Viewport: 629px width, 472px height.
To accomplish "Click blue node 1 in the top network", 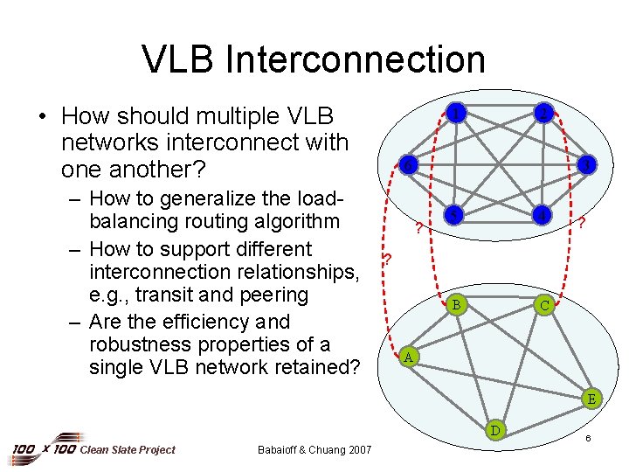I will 455,113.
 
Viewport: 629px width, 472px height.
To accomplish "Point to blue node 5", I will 453,215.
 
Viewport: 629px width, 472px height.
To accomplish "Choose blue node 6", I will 407,164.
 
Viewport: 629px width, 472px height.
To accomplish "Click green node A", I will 407,357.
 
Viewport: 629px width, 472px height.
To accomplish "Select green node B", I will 455,304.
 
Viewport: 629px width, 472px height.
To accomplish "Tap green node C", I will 543,305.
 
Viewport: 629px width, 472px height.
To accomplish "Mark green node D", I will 495,429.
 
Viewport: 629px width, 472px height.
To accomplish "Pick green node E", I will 591,399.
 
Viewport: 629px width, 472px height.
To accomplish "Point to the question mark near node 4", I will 581,225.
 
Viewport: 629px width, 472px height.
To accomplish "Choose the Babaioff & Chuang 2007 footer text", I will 314,450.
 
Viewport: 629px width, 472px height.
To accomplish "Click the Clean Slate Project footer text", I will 128,450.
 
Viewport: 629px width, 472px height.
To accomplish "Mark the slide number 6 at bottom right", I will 589,436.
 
